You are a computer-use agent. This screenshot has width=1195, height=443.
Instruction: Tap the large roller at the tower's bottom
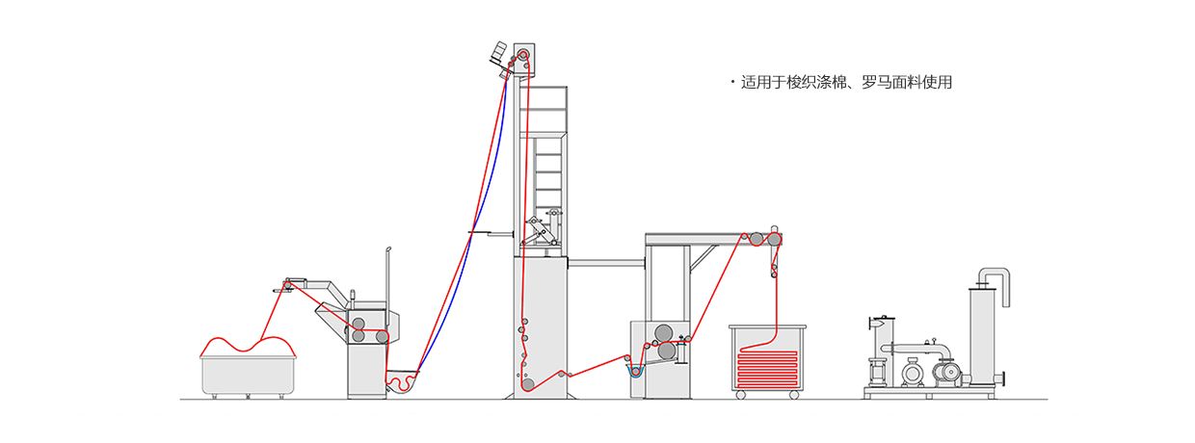coord(528,384)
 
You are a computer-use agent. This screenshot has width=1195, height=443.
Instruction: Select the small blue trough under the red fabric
coord(634,368)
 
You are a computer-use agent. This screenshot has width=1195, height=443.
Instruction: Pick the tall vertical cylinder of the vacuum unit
coord(985,337)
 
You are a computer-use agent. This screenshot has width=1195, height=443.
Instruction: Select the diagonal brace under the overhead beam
coord(703,258)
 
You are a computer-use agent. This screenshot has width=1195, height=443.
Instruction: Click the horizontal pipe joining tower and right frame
coord(604,261)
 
